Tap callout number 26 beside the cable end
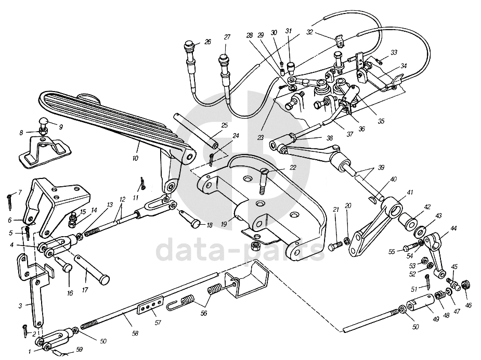click(x=207, y=42)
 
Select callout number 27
click(x=227, y=37)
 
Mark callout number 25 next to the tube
click(x=224, y=125)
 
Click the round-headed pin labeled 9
click(x=43, y=123)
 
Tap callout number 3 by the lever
click(x=20, y=306)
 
